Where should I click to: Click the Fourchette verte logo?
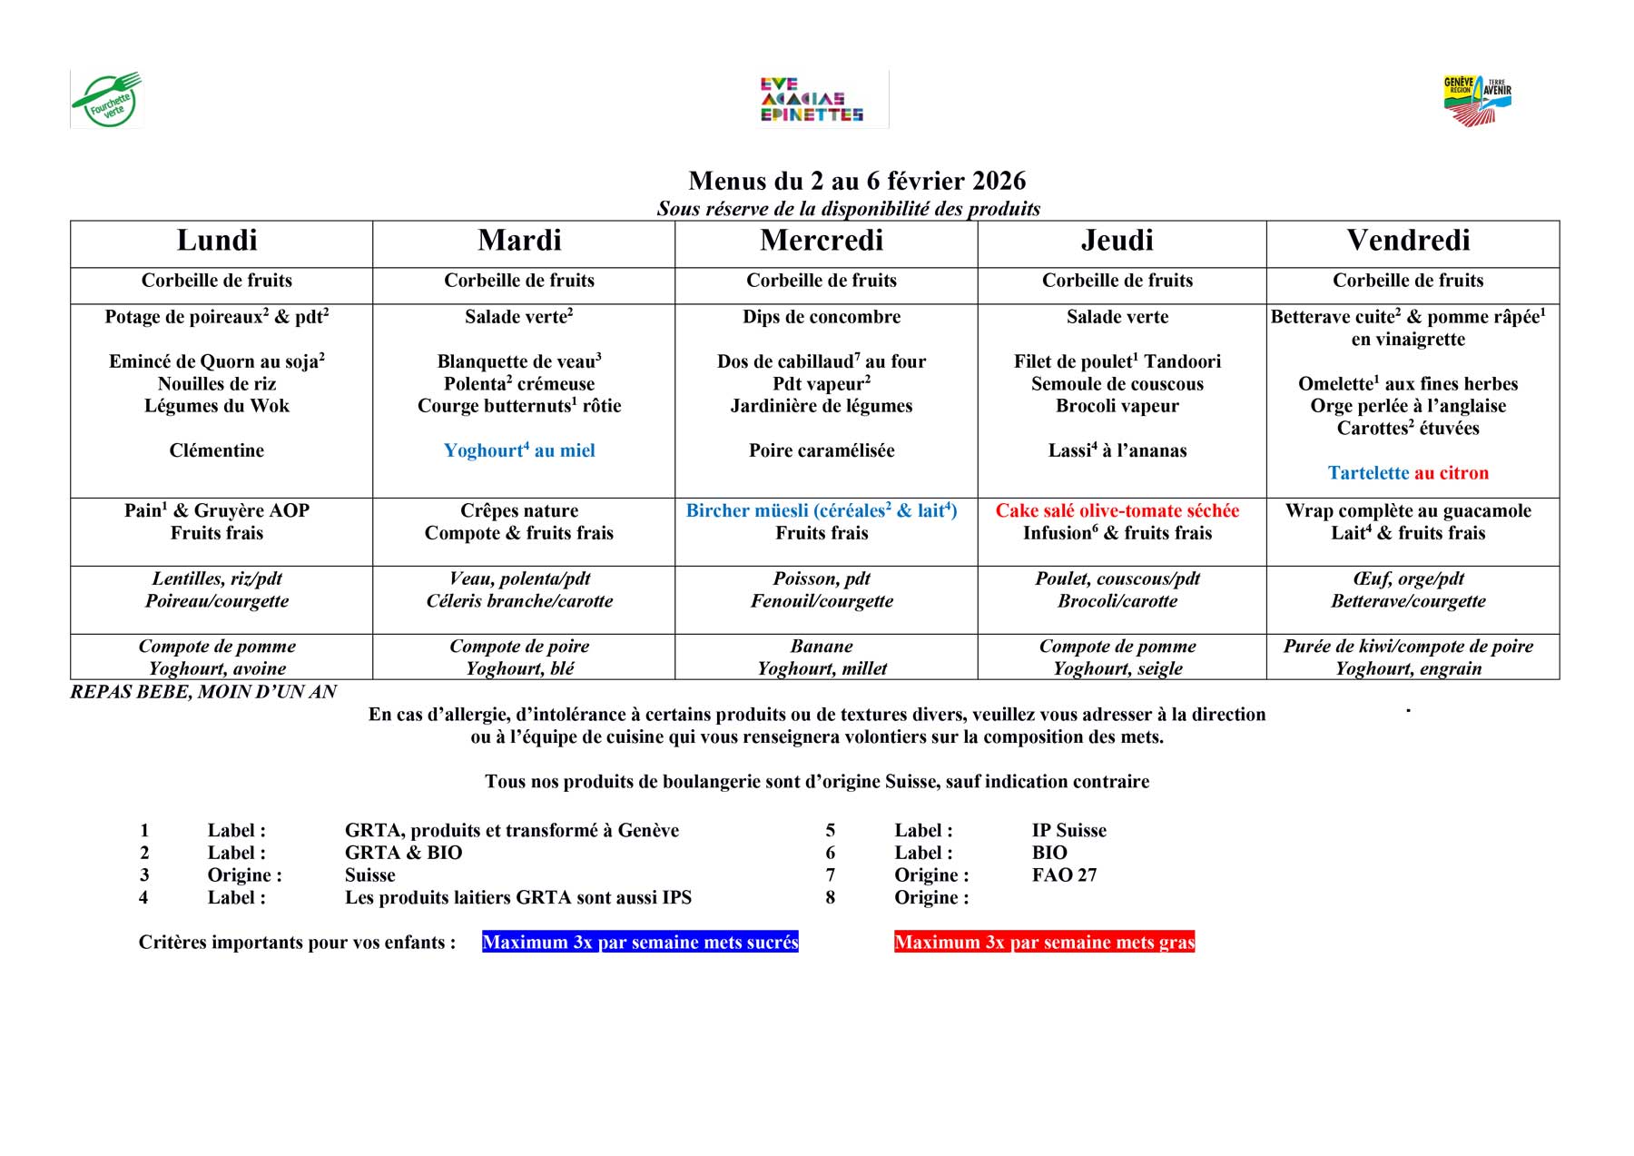coord(107,100)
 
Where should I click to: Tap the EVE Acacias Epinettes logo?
coord(812,100)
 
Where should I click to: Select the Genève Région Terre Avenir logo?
coord(1477,100)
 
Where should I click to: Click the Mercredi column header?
coord(822,241)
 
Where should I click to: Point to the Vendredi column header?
coord(1408,241)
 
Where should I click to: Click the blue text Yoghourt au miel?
coord(519,450)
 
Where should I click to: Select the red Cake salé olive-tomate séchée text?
coord(1117,510)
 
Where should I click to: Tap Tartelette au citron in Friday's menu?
coord(1408,473)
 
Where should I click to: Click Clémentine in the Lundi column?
coord(217,450)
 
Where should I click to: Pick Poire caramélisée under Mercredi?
coord(822,450)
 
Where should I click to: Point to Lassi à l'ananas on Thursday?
coord(1117,450)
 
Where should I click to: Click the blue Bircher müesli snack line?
coord(822,510)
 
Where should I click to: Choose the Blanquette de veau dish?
coord(519,361)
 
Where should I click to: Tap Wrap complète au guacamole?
coord(1408,510)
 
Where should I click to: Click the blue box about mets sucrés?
coord(640,943)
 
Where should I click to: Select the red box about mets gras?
coord(1044,943)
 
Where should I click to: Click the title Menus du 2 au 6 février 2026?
coord(857,181)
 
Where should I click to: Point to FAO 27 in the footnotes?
coord(1064,875)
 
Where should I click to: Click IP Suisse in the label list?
coord(1068,831)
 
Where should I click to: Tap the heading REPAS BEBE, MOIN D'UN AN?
coord(203,692)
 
